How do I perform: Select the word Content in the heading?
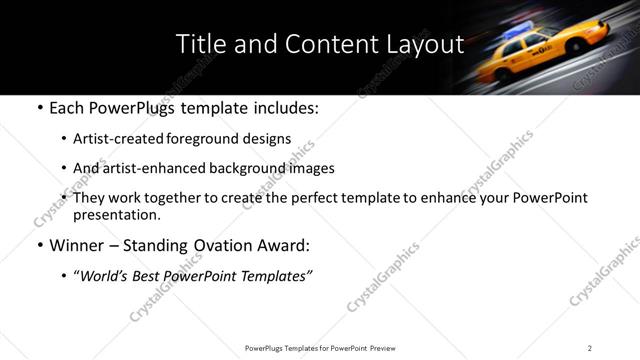318,45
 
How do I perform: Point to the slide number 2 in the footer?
589,347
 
